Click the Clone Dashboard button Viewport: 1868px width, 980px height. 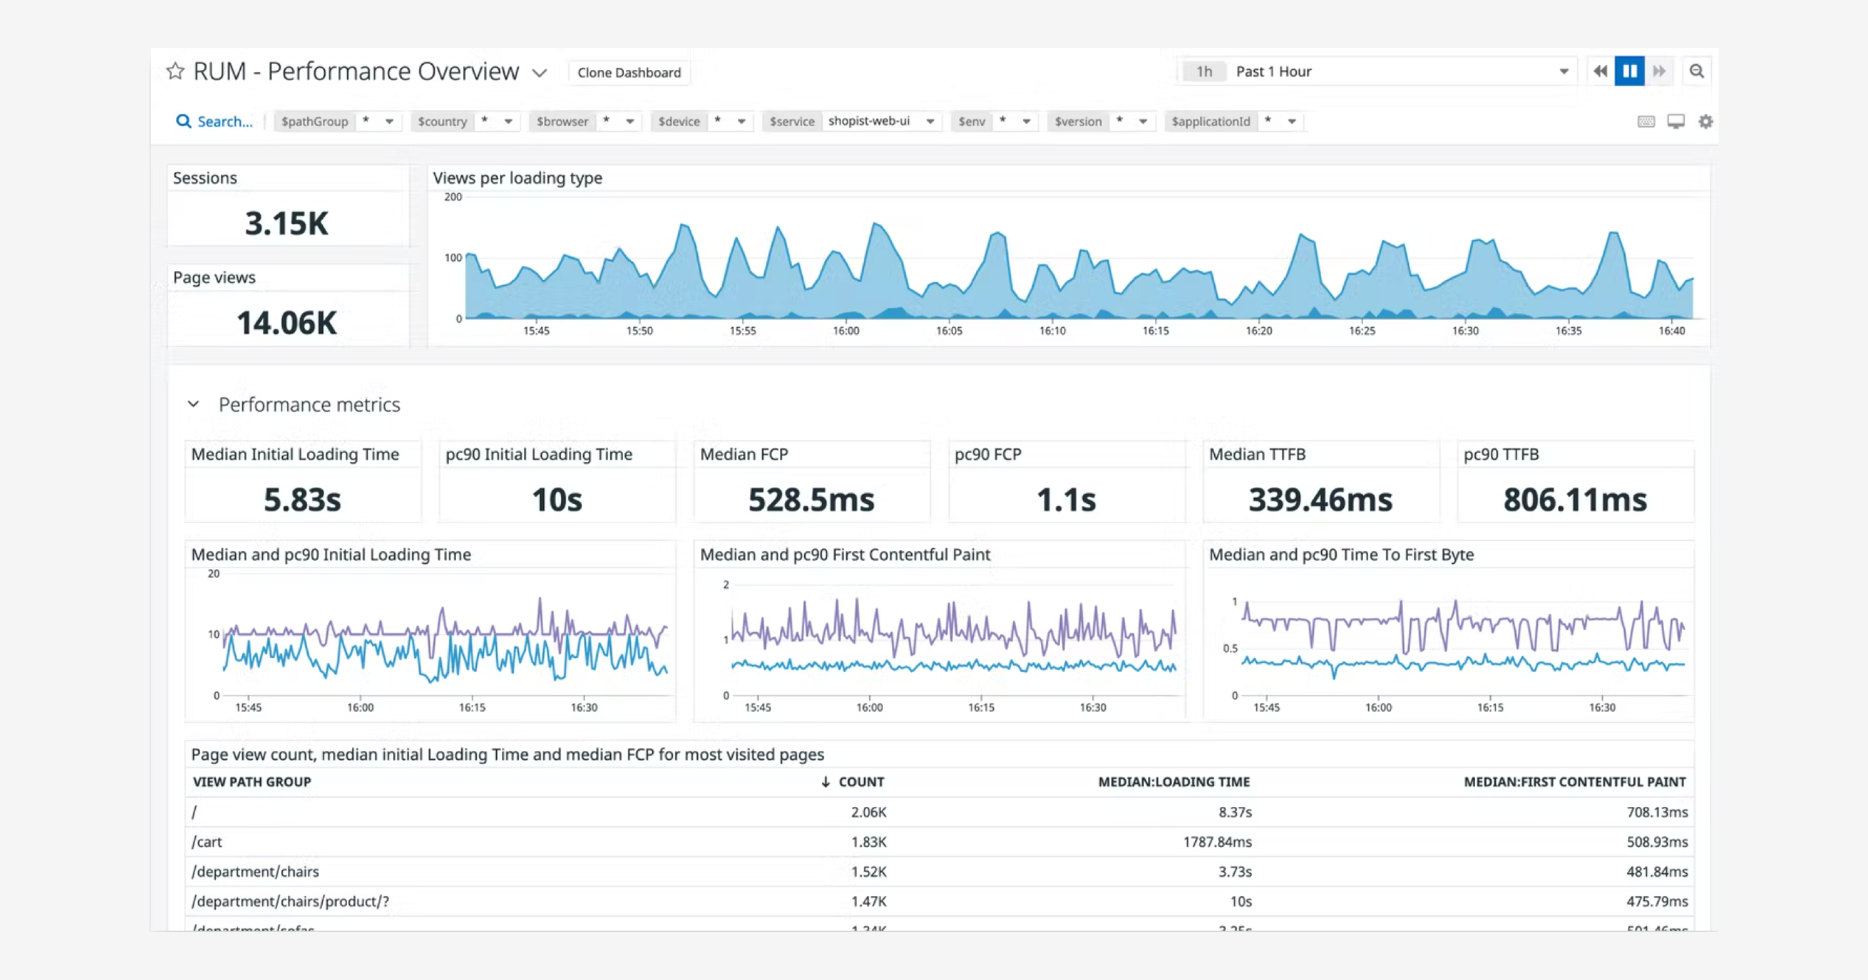pos(629,73)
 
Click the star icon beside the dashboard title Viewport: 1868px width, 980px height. pos(175,71)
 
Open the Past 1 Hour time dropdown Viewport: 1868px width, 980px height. pos(1377,71)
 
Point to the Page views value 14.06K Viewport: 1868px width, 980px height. pos(286,323)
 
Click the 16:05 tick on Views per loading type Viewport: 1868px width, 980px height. pos(949,330)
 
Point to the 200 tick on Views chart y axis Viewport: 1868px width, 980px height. pos(452,197)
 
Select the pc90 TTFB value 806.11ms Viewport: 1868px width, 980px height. pos(1574,499)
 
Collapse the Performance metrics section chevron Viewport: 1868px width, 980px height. pos(193,404)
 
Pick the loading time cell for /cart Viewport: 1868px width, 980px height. pos(1217,842)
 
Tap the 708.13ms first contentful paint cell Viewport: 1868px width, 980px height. pos(1656,812)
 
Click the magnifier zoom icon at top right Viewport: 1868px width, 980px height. pos(1696,71)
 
